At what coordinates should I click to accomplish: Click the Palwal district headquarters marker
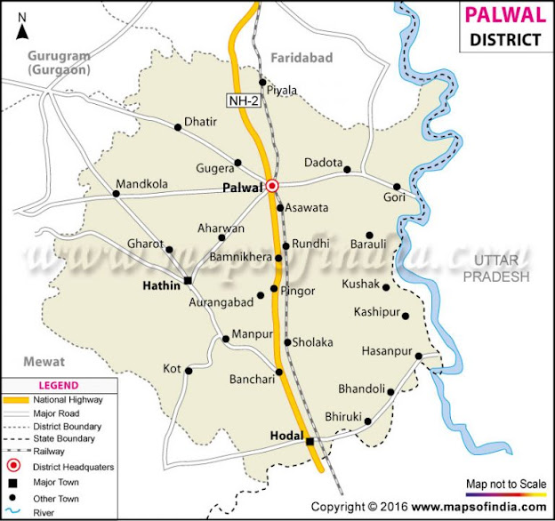(272, 186)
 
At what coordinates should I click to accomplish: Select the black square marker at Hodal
(310, 442)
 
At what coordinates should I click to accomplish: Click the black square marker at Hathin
(188, 282)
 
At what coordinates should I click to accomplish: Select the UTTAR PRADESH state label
(502, 268)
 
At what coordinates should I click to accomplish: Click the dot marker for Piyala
(262, 83)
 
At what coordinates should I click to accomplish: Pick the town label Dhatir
(200, 122)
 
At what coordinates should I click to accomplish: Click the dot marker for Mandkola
(116, 193)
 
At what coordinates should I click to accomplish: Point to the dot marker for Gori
(398, 187)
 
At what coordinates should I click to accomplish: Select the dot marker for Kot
(188, 371)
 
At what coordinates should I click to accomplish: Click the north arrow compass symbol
(22, 28)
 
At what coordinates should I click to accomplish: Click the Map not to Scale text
(505, 484)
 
